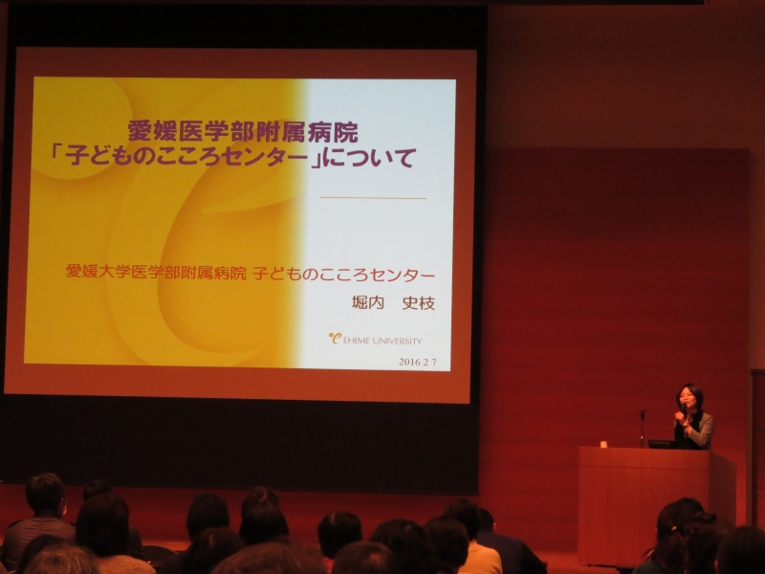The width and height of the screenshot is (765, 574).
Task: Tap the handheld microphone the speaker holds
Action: tap(683, 408)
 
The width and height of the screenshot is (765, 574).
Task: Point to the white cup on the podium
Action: tap(603, 444)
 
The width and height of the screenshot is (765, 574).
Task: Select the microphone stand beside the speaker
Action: tap(642, 428)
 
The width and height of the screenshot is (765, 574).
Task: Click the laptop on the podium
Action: tap(664, 444)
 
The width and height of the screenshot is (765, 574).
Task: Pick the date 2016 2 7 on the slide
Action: tap(417, 363)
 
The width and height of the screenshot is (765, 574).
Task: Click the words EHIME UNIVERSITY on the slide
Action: tap(382, 341)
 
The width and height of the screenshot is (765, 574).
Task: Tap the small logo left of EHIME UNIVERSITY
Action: tap(335, 338)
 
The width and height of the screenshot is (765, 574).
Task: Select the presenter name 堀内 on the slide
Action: tap(368, 303)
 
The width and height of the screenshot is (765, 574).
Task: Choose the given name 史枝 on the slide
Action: tap(418, 303)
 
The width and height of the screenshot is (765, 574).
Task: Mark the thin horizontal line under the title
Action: tap(373, 198)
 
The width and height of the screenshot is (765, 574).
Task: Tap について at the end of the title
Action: tap(370, 157)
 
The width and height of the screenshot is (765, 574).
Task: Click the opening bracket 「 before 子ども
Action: tap(58, 155)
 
